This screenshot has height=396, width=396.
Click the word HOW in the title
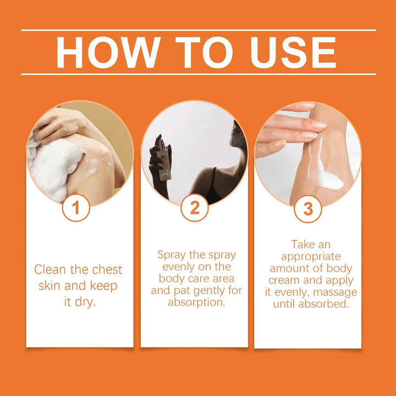click(108, 52)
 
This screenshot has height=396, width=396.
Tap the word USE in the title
click(293, 52)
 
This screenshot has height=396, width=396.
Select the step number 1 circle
click(76, 207)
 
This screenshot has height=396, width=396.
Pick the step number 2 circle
click(195, 207)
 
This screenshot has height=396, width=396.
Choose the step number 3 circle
click(308, 208)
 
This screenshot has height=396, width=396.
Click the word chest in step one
click(107, 269)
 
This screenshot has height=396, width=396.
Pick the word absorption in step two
click(196, 302)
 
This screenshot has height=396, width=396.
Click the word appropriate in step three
click(311, 257)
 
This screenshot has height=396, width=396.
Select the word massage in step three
click(335, 293)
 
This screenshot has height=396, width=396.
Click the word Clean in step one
click(50, 269)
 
